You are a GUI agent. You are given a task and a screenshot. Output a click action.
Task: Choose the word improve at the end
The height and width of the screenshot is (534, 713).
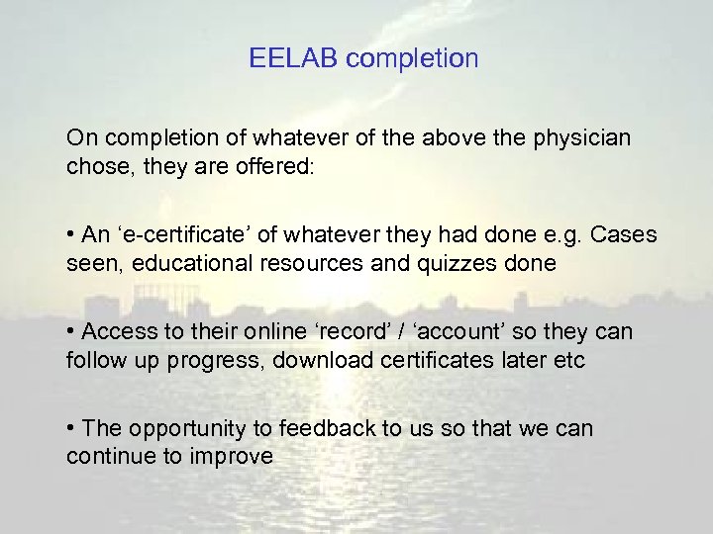[x=238, y=458]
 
